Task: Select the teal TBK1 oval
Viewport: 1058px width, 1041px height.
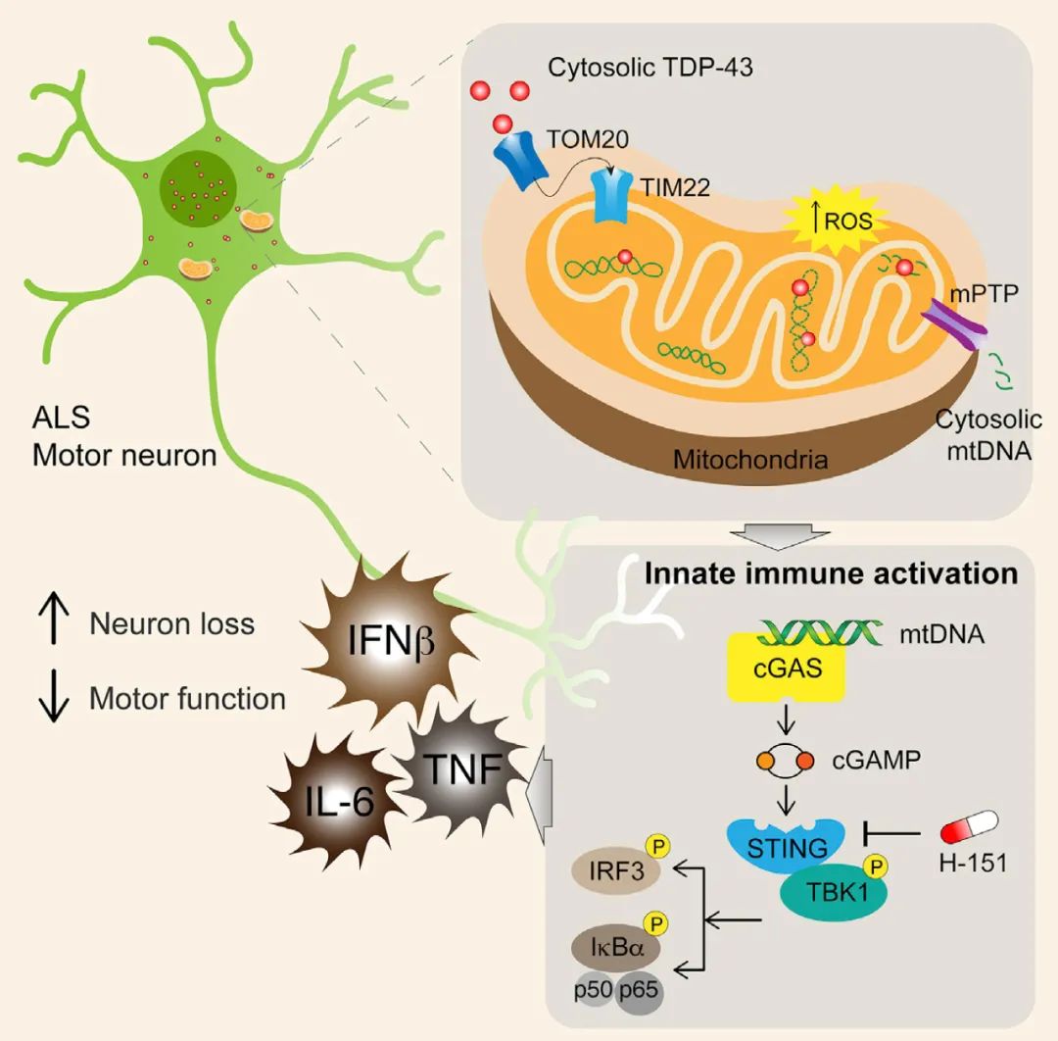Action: coord(834,892)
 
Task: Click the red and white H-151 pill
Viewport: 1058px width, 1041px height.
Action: coord(970,827)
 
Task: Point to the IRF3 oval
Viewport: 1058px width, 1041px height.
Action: coord(616,870)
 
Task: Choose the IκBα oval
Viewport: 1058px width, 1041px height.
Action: coord(616,947)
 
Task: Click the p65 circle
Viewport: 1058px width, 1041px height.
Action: coord(639,991)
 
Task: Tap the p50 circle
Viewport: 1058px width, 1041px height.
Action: coord(593,991)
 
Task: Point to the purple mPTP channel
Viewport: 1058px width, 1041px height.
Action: coord(953,324)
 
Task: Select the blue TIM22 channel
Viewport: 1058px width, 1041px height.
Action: coord(610,196)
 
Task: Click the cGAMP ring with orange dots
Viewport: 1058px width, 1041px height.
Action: coord(786,761)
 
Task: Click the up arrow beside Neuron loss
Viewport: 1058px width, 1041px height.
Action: coord(54,619)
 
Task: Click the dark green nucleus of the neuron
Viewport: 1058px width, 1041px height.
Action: coord(198,189)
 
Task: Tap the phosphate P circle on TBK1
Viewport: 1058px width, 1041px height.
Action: coord(875,866)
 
